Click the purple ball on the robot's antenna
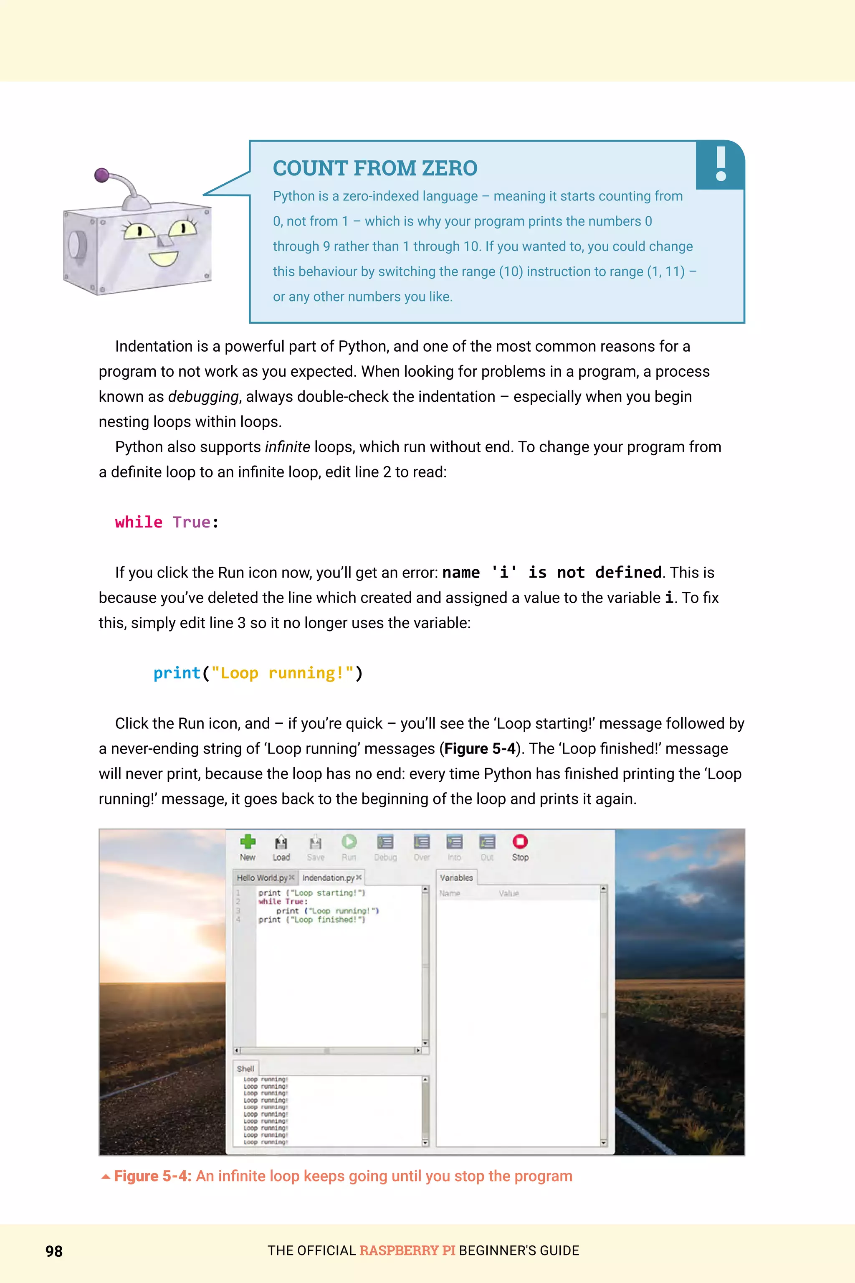(102, 175)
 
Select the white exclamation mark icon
(721, 164)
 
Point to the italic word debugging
(203, 397)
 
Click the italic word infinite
(287, 447)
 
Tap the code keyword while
(139, 522)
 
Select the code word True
(191, 522)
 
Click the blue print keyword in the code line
(177, 673)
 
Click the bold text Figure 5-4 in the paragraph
(479, 748)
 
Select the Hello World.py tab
(262, 878)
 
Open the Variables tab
(456, 878)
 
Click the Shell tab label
(245, 1069)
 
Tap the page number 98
(54, 1251)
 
